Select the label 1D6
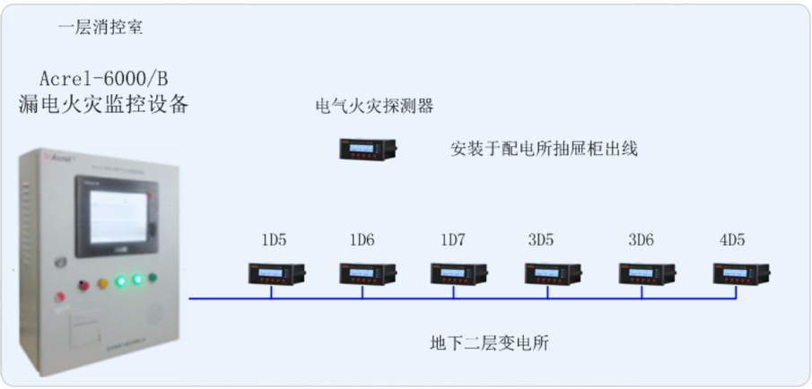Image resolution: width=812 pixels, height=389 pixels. [362, 239]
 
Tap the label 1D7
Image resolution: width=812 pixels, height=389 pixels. [454, 239]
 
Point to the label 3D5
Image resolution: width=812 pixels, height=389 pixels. [541, 239]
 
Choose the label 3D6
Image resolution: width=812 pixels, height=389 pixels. [641, 239]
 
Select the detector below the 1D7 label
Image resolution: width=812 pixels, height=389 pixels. [458, 272]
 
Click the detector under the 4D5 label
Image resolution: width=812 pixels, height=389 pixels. [738, 272]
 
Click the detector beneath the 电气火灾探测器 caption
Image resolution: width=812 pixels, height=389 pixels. [368, 148]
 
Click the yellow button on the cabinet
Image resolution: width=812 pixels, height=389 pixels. [103, 282]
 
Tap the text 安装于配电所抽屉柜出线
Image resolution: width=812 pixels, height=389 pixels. [544, 149]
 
